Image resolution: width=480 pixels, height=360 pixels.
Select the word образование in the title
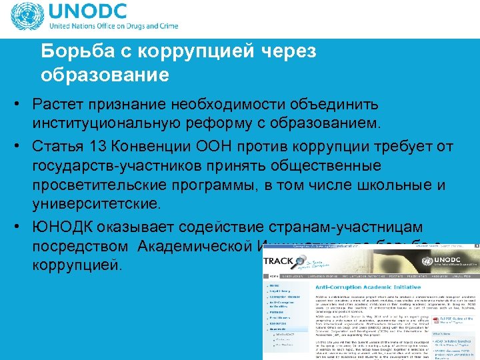(x=105, y=75)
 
